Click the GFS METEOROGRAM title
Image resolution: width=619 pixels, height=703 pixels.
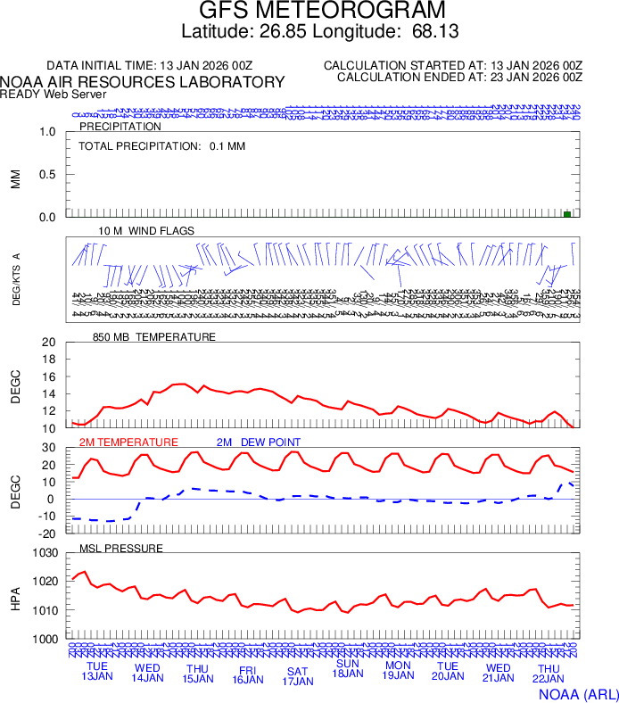(x=322, y=11)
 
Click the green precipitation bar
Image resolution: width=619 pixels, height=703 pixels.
(x=567, y=214)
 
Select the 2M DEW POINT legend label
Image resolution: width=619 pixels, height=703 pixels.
(x=259, y=442)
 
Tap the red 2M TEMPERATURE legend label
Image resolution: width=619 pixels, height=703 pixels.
(x=128, y=442)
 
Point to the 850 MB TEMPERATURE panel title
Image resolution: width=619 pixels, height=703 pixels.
(x=154, y=337)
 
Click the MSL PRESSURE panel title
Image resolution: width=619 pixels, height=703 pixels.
(x=121, y=548)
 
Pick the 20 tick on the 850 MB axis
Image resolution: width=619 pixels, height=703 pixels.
(x=49, y=343)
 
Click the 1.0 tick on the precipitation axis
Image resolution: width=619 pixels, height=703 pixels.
(x=48, y=132)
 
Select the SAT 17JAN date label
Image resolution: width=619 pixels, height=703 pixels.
(x=298, y=675)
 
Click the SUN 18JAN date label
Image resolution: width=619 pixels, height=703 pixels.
(x=348, y=668)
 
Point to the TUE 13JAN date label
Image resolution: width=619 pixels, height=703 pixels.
(x=97, y=672)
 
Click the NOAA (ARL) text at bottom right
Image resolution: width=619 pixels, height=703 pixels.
(x=577, y=693)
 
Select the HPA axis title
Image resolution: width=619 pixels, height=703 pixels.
(x=15, y=597)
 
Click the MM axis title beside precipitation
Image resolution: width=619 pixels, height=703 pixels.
(x=15, y=178)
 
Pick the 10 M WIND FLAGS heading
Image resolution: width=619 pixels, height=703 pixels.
(x=146, y=231)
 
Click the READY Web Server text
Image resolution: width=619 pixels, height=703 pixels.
(x=54, y=94)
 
